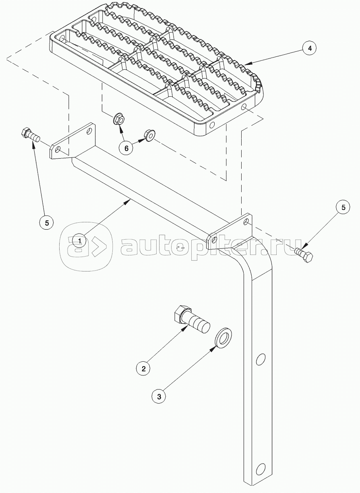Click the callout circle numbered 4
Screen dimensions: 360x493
[310, 48]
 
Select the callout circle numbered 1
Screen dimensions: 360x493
[80, 240]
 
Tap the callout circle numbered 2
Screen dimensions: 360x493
[143, 369]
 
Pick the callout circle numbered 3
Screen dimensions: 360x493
[159, 396]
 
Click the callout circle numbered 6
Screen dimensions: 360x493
[126, 148]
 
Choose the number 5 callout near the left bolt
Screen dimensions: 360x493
[47, 223]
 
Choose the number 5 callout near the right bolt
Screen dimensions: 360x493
[343, 207]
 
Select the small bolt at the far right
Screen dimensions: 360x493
[304, 254]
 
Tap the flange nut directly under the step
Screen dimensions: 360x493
[119, 119]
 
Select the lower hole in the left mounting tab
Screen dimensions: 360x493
[58, 149]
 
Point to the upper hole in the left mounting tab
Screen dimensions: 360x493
[89, 131]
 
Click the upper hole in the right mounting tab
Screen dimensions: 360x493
[246, 222]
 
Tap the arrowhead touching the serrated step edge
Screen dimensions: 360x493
[248, 64]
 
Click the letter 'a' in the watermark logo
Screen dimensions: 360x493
[76, 247]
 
